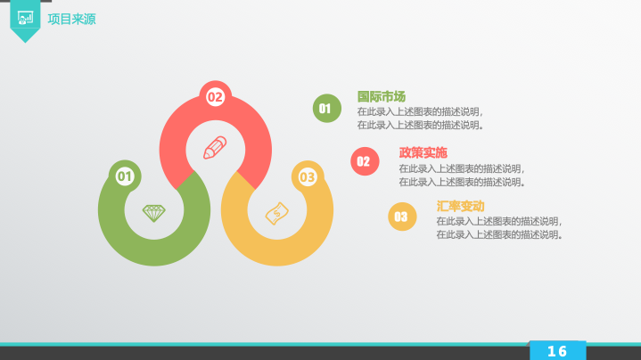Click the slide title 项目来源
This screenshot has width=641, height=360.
pos(71,20)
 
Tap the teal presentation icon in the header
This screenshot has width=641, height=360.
pos(25,18)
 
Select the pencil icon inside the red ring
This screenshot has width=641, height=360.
pos(215,148)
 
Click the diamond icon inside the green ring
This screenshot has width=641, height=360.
pos(154,213)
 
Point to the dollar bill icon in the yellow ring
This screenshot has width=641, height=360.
pos(277,213)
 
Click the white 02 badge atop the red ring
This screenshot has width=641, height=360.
pos(215,97)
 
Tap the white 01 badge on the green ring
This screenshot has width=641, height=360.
pos(125,176)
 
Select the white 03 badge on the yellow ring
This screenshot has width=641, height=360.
pos(308,177)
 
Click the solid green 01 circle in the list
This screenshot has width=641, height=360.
pos(327,109)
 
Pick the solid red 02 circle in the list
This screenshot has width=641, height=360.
pos(365,161)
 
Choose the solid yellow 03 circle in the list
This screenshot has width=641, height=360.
pos(402,217)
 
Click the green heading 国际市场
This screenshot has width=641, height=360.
pos(382,96)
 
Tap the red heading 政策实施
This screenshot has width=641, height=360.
pos(423,152)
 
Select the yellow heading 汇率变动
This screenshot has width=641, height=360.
pos(460,206)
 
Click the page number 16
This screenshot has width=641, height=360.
pos(557,351)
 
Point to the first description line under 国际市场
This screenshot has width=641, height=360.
pos(420,111)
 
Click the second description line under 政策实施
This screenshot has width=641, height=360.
pos(462,182)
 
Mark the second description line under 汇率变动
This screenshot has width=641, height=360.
pos(499,234)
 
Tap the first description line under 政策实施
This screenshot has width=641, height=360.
pos(462,168)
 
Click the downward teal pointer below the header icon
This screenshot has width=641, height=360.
pos(25,36)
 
